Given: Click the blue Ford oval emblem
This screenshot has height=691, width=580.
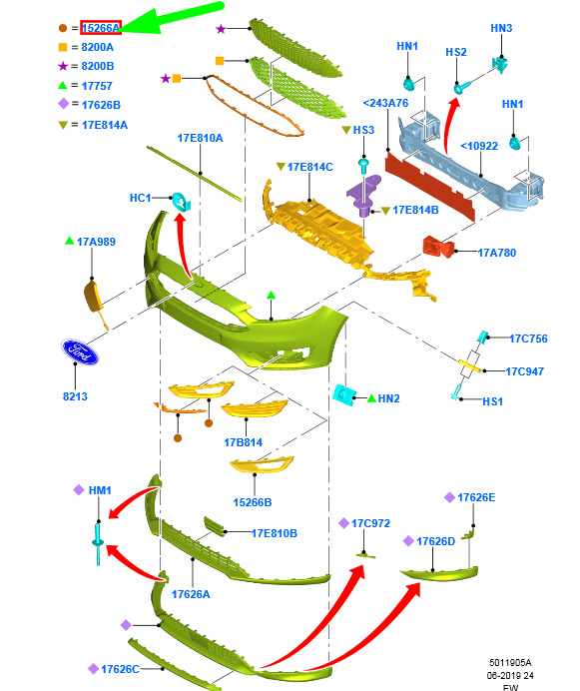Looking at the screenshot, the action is coord(80,352).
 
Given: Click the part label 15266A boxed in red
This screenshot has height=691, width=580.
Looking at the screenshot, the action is coord(101,28).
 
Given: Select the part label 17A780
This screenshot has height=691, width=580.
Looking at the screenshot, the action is coord(497,253).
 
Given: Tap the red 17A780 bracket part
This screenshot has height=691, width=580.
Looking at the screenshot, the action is coord(437,247).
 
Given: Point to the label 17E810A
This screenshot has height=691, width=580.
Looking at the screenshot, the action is coord(200,138).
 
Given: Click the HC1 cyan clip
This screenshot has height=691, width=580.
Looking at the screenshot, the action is coord(181,201).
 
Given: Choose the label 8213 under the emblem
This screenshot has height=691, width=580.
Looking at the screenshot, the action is coord(75,396).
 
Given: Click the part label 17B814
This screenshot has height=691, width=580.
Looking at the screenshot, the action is coord(243,442).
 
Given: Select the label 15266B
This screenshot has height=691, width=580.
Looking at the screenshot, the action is coord(253,502).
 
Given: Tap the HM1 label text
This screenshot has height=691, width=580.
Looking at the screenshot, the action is coord(100,490).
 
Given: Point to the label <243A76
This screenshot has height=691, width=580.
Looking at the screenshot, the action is coord(385,103).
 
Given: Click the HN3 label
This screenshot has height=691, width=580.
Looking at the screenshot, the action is coord(501,28).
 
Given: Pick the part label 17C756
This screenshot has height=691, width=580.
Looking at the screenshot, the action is coord(528,339).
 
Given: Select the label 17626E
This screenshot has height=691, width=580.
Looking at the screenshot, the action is coord(476,497).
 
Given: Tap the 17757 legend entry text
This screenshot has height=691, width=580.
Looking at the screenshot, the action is coord(97,86).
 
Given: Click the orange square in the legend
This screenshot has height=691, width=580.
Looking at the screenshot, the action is coord(63,47).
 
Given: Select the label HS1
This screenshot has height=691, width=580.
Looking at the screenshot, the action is coord(492,401).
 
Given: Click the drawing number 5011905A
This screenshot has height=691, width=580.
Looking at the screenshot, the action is coord(510,662).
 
